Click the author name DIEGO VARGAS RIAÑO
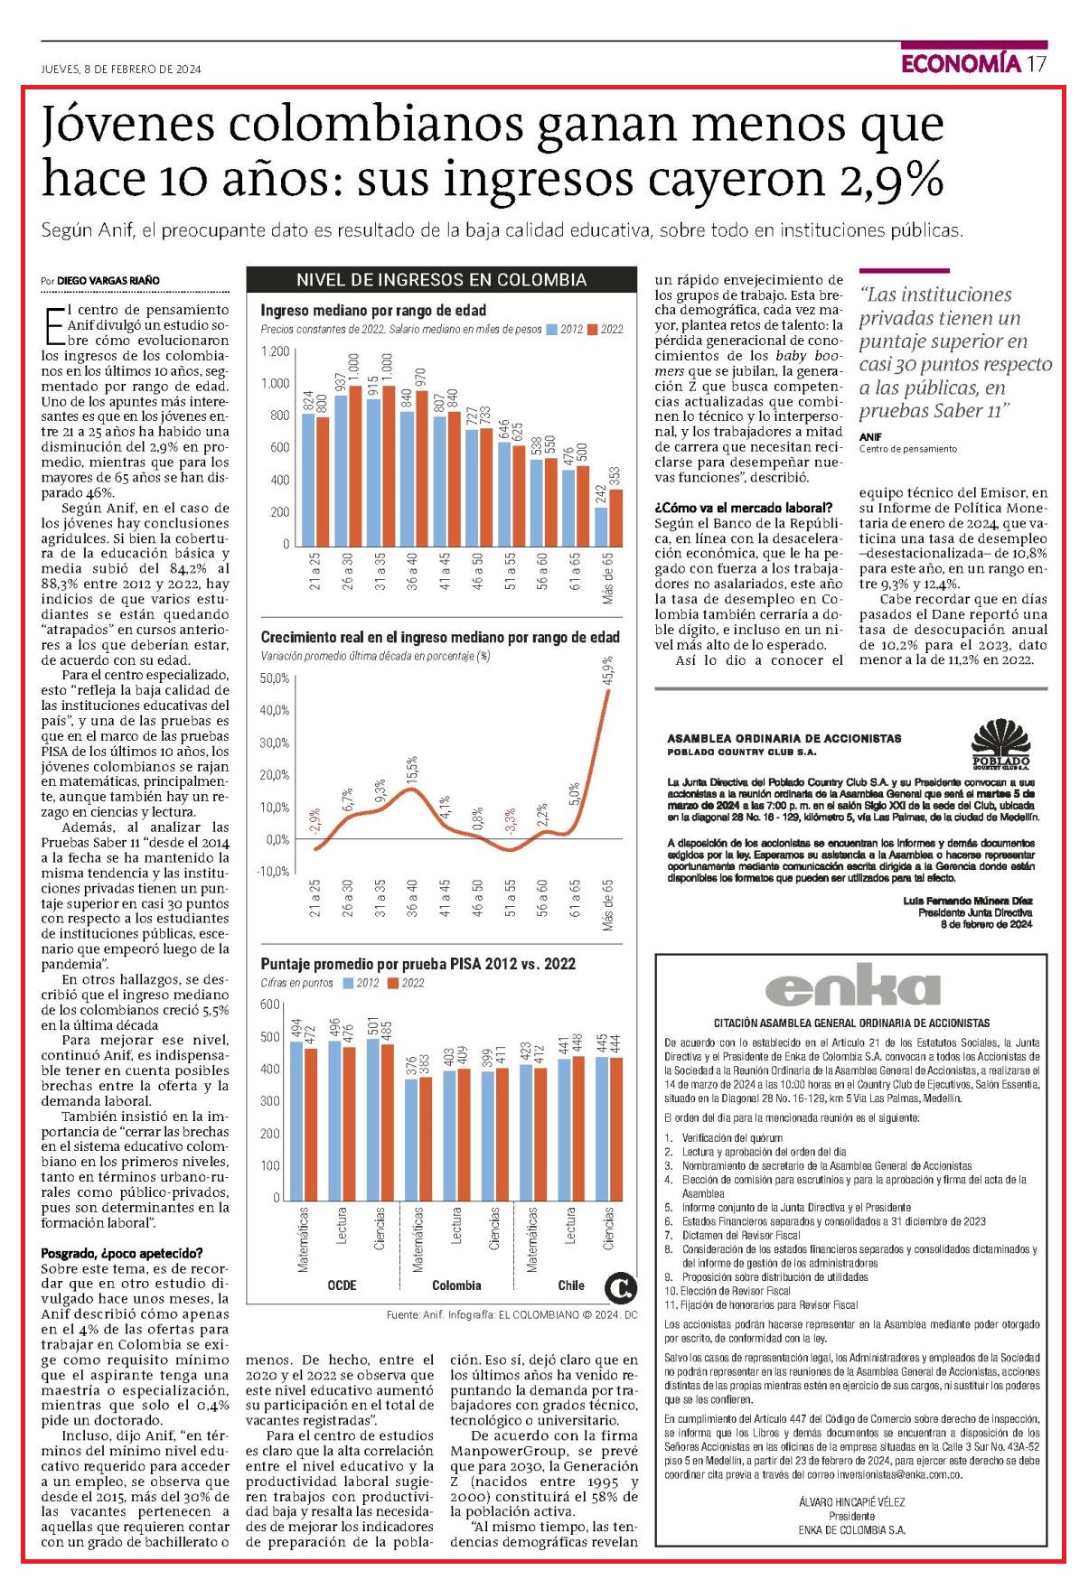[108, 281]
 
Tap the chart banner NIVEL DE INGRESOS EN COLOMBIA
[442, 280]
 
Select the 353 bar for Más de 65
[616, 516]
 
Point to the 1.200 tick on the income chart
[276, 351]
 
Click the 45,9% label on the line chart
[608, 671]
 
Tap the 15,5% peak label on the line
[412, 770]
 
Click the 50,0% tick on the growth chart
[276, 678]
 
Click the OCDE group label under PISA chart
[342, 1285]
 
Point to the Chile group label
[571, 1285]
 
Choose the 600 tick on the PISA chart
[270, 1005]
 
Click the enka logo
[840, 986]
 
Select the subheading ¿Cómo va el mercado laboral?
[743, 508]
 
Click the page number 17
[1037, 63]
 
